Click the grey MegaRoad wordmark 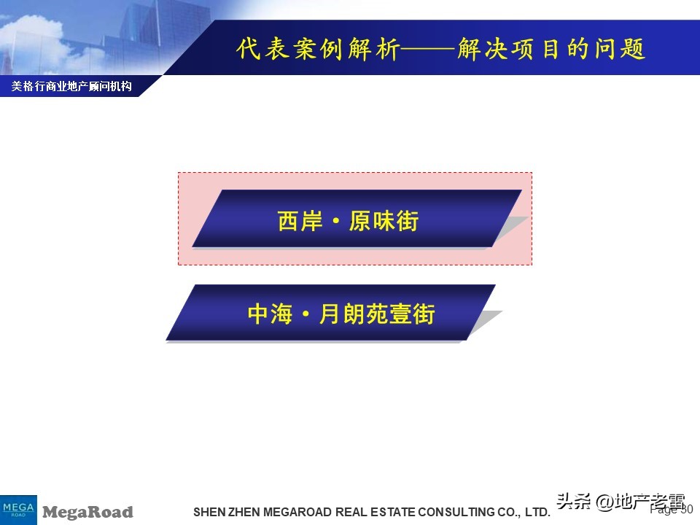coord(87,512)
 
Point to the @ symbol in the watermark coord(604,502)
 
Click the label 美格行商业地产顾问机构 coord(71,87)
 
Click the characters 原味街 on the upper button coord(384,220)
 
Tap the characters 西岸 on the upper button coord(300,220)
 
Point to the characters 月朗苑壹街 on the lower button coord(377,314)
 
